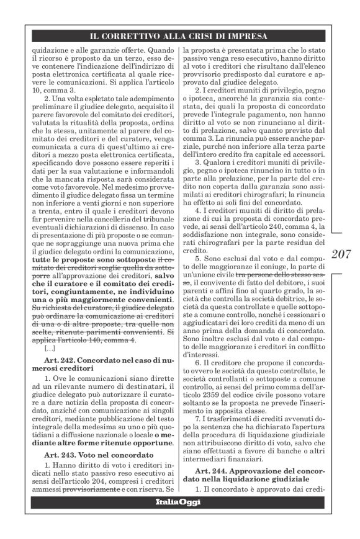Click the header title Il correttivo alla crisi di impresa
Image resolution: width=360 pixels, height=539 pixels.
pyautogui.click(x=179, y=37)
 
